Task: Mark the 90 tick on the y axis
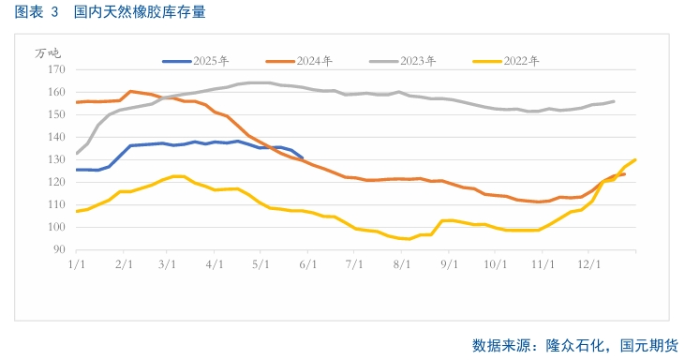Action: click(57, 250)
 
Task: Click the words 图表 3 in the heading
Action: click(37, 13)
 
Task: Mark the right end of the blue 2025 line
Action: click(302, 157)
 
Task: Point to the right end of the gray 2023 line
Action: click(615, 101)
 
